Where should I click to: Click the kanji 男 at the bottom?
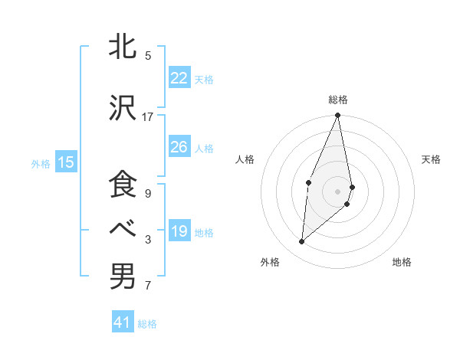click(x=123, y=277)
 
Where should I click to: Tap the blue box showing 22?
click(x=179, y=78)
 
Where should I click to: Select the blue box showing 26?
click(x=179, y=147)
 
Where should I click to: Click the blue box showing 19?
click(x=179, y=231)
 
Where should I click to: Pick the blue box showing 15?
click(x=65, y=162)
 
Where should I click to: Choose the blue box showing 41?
click(x=123, y=322)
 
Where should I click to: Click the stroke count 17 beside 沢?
click(x=148, y=117)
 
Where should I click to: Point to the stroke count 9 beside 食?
click(x=148, y=194)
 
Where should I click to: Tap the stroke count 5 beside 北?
click(x=148, y=56)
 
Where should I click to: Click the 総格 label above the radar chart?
click(x=337, y=100)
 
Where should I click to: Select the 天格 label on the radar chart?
click(x=431, y=159)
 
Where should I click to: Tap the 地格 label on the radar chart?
click(x=402, y=262)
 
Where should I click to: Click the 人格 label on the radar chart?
click(x=245, y=159)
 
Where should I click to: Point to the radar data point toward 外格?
click(x=302, y=242)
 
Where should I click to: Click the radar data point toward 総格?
click(x=337, y=116)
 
